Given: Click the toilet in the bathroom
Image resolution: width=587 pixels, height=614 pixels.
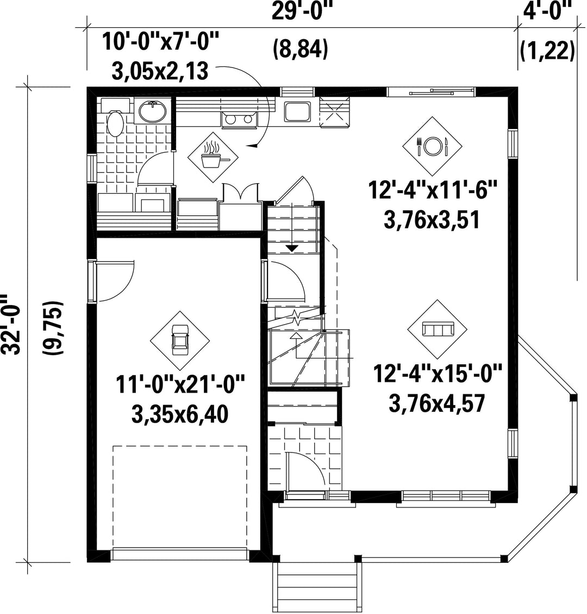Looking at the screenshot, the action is pos(115,118).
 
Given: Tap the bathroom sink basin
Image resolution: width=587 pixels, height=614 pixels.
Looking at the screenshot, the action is pos(152,110).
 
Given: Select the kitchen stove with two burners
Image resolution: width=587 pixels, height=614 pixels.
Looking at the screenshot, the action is pos(239,120).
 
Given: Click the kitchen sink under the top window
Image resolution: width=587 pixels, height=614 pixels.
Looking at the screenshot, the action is pos(297,111).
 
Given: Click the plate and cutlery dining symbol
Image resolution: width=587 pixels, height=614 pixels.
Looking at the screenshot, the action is pos(432,146).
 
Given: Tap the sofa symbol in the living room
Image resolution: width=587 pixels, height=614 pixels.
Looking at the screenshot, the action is pos(438,329).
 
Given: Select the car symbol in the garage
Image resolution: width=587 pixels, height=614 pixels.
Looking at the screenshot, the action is pos(179,340).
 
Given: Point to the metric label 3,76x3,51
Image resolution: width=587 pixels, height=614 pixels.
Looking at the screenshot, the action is pos(431,220).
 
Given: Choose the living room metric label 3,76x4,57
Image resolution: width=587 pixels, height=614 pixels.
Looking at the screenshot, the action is pos(437,403).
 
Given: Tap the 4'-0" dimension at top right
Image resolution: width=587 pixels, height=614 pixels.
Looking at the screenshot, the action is pos(547,11).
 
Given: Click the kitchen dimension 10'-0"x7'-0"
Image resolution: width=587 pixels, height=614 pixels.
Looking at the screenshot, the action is pos(160,41).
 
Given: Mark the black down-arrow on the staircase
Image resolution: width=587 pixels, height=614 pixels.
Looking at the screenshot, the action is pos(292,248).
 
